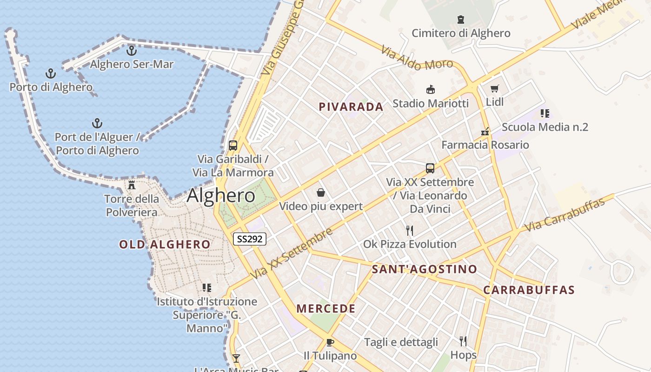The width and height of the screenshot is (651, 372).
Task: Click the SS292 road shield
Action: point(250,239)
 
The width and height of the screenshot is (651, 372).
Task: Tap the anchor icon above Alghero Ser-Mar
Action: point(132,50)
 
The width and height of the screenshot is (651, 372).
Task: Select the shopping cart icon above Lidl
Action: point(494,88)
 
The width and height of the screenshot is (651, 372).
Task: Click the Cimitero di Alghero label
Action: point(461,33)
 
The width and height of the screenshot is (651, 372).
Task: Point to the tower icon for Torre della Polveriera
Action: point(132,185)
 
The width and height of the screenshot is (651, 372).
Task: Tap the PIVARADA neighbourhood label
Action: point(351,107)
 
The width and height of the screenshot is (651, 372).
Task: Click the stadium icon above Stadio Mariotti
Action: point(431,89)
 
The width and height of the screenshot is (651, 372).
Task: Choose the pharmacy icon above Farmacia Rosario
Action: point(485,132)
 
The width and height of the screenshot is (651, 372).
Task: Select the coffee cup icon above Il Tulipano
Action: point(330,343)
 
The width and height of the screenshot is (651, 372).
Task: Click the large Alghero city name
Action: point(221,196)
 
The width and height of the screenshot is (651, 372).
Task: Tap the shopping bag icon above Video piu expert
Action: point(320,193)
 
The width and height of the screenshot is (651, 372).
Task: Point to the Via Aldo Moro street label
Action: point(417,58)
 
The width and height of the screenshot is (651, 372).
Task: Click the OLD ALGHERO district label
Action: point(165,244)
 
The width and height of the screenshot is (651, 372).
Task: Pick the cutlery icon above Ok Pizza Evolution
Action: point(410,230)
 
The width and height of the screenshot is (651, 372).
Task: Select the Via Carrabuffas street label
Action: point(565,215)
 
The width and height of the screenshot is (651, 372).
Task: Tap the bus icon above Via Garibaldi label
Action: point(233,145)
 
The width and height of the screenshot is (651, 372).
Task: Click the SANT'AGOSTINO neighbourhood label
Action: point(425,269)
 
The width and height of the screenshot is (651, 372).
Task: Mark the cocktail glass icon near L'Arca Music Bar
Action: point(236,359)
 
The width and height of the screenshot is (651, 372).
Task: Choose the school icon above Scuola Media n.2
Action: point(545,113)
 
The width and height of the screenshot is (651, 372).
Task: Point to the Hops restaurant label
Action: point(464,355)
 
